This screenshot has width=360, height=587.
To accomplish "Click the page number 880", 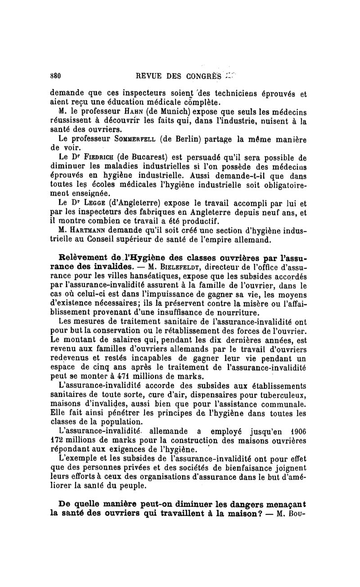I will tap(55, 75).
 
